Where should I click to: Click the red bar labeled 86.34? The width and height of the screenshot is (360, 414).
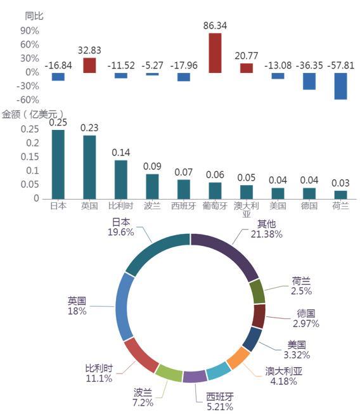215,53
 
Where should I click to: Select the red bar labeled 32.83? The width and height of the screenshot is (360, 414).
89,65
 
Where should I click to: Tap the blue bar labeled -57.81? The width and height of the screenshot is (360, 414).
340,86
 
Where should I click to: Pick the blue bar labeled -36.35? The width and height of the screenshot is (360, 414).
309,81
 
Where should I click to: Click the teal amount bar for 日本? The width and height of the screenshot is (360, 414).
58,164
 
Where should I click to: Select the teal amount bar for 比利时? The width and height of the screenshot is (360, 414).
121,179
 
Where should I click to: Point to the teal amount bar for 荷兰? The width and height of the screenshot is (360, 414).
340,195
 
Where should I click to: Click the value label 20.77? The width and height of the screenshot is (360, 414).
247,56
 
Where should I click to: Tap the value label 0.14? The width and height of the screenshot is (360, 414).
121,152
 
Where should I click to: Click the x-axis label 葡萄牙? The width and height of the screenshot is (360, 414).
215,205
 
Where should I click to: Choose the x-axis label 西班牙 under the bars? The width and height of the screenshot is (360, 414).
184,205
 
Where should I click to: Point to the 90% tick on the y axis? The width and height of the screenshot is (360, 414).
30,31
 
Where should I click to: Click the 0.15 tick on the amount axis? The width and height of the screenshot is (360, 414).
30,157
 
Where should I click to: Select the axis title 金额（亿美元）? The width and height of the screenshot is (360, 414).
33,115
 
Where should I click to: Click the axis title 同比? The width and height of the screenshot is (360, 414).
34,16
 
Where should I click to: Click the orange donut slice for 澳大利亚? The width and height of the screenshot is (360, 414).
238,358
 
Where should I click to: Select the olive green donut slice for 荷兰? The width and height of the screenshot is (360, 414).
257,292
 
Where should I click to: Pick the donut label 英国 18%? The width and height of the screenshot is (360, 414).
77,306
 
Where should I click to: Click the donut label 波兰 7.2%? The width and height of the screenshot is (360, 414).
143,398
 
